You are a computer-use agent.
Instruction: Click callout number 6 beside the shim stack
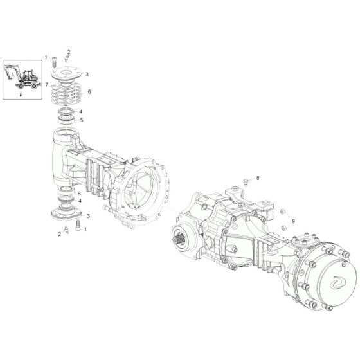(x=89, y=91)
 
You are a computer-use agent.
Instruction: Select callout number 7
(x=47, y=85)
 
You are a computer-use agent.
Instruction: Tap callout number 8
(x=258, y=177)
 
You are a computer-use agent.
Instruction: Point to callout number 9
(x=293, y=221)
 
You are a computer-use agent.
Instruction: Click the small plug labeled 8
(x=246, y=183)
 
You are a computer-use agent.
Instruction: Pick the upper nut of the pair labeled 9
(x=283, y=212)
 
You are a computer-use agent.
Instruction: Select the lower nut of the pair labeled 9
(x=283, y=228)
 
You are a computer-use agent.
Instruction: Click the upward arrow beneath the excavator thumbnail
(x=21, y=94)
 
